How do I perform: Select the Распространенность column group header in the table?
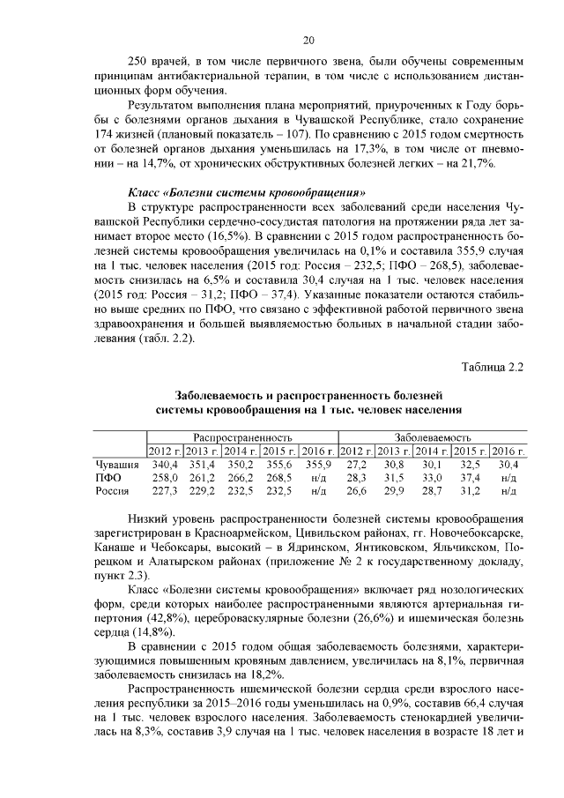click(x=242, y=437)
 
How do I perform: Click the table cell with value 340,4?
click(x=165, y=463)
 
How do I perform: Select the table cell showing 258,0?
click(x=165, y=477)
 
